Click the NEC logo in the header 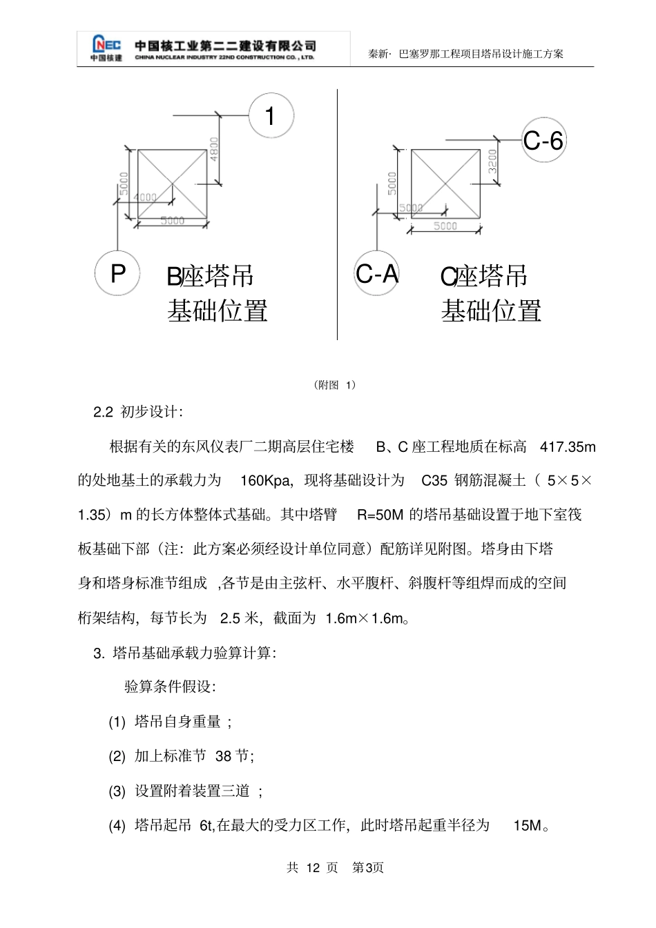[106, 47]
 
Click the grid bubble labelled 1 [271, 116]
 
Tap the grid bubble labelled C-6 [543, 141]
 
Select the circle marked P [117, 273]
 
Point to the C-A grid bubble [376, 274]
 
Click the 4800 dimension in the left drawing [214, 149]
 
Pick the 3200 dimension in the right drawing [493, 163]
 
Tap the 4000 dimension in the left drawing [145, 197]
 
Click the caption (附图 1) [335, 385]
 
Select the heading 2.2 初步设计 [138, 412]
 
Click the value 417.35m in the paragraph [567, 446]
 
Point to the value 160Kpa [266, 480]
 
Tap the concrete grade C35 [434, 480]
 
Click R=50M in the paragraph [380, 515]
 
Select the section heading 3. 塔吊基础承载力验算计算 [184, 653]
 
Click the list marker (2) [117, 756]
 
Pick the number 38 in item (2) [223, 756]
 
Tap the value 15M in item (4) [528, 825]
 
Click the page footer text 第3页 [368, 867]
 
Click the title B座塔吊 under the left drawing [210, 277]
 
